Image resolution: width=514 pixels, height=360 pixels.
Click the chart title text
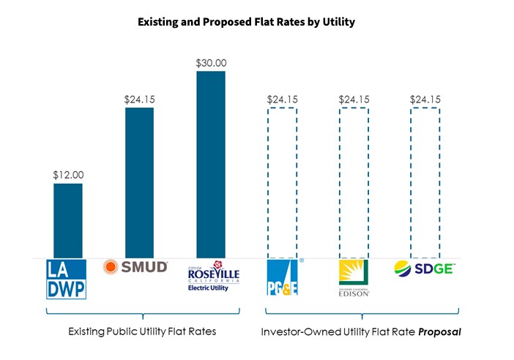(247, 22)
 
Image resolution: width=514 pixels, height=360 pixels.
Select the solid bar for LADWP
(67, 220)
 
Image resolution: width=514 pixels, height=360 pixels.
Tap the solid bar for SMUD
(139, 182)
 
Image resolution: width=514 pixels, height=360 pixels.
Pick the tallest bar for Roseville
(210, 164)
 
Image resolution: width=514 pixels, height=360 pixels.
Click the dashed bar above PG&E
(282, 182)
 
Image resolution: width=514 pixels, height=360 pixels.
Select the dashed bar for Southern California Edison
(354, 182)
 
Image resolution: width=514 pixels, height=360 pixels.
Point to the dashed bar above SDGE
(425, 182)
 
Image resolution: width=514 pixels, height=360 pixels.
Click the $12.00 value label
(68, 175)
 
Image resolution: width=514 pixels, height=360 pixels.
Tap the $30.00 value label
(211, 63)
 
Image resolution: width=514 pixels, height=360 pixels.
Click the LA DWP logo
(67, 279)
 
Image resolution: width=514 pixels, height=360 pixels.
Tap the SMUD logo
(136, 267)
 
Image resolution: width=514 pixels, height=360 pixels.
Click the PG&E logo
(283, 277)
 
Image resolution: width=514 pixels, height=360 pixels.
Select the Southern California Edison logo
(354, 278)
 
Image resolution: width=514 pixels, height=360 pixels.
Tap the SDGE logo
(425, 268)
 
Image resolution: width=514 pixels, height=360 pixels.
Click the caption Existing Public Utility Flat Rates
(143, 331)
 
